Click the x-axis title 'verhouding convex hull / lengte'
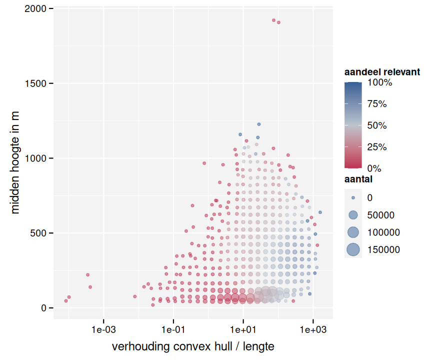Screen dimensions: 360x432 point(193,346)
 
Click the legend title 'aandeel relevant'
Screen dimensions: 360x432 point(382,72)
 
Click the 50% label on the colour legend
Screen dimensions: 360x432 point(376,125)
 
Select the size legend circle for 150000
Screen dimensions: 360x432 point(353,249)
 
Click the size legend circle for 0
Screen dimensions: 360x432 point(353,197)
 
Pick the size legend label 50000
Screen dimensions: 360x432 point(381,215)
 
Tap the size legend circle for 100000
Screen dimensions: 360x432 point(353,232)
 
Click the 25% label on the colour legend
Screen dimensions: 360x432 point(376,147)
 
